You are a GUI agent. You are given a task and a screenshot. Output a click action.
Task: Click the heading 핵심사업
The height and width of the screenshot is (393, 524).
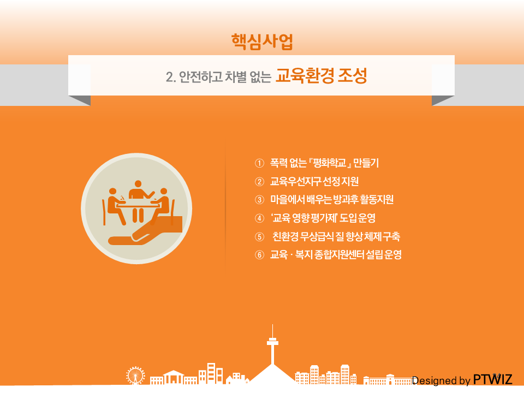(262, 42)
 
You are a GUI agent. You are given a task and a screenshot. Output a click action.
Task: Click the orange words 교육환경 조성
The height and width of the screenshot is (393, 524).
(321, 76)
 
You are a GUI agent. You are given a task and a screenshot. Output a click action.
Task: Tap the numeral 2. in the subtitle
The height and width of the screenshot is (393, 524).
(170, 77)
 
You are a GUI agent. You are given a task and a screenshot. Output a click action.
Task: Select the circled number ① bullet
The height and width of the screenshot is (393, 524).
(259, 163)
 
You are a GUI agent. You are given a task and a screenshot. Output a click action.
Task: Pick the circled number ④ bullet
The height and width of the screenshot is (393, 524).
(259, 218)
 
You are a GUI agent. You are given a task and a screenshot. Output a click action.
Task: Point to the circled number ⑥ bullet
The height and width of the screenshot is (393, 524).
(259, 255)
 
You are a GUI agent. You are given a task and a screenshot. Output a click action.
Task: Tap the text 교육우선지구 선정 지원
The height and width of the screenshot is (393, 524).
(314, 181)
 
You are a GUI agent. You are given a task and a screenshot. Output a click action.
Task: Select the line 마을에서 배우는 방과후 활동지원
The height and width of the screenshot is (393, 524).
(332, 200)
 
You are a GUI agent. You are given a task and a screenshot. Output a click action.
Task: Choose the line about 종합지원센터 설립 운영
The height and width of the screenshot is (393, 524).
(336, 255)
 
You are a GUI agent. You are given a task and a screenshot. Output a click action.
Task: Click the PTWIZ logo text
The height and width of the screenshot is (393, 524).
(492, 380)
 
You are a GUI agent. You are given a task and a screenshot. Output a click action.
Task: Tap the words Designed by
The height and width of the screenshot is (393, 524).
(441, 380)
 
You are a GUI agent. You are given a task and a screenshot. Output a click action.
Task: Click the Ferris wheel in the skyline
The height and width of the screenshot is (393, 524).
(135, 376)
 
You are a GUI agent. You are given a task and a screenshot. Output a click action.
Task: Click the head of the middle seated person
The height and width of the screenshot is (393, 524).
(138, 184)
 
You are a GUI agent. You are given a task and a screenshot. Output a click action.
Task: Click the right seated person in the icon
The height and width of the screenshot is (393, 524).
(160, 206)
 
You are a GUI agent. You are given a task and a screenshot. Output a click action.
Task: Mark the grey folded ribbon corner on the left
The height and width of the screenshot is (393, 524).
(80, 100)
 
